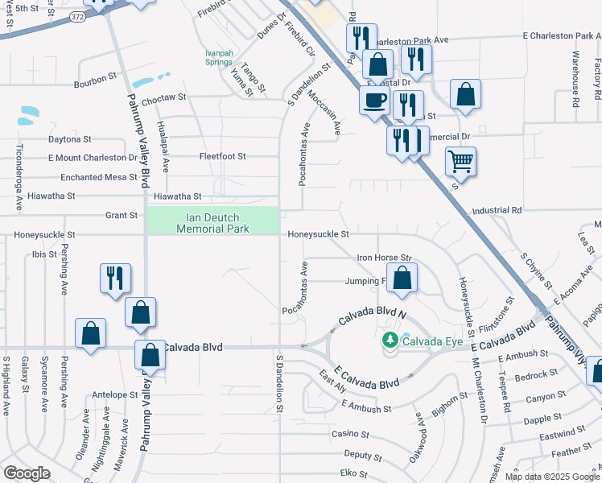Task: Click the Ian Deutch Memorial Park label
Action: (213, 222)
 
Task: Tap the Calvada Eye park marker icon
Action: (390, 341)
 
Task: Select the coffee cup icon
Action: (373, 101)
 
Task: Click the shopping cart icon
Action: (460, 160)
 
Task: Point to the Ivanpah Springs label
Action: (218, 58)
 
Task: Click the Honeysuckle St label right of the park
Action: (319, 234)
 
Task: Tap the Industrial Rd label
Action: (497, 210)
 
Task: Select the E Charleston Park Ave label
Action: (561, 36)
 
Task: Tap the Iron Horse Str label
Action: (385, 258)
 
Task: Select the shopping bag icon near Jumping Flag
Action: (404, 279)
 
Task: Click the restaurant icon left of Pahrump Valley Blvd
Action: (114, 278)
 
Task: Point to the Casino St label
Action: (350, 434)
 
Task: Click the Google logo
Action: (27, 473)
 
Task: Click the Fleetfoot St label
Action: (222, 155)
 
